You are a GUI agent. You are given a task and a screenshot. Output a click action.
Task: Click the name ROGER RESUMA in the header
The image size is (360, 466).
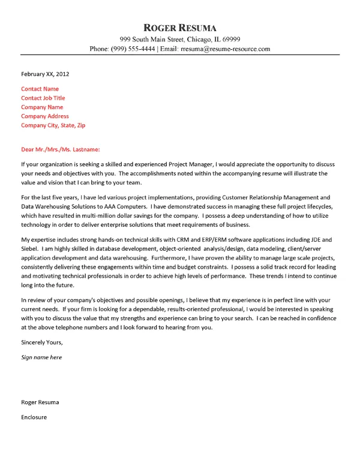(180, 28)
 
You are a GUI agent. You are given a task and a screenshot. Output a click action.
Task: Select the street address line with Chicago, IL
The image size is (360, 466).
(180, 38)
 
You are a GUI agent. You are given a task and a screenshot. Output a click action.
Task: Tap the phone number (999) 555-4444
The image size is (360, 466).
(131, 49)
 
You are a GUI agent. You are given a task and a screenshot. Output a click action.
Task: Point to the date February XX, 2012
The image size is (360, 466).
(45, 74)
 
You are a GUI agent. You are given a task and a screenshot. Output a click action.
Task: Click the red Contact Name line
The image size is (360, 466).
(40, 89)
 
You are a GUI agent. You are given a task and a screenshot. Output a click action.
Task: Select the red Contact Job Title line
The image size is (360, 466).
(43, 98)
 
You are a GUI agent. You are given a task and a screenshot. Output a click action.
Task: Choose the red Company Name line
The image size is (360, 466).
(42, 107)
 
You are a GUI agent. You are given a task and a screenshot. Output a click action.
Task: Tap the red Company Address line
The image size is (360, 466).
(45, 116)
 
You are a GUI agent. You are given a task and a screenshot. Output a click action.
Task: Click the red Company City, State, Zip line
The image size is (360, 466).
(53, 125)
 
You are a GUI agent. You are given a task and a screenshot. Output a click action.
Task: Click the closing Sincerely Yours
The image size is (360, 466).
(41, 342)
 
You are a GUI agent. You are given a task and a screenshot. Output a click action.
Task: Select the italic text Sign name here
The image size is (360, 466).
(41, 357)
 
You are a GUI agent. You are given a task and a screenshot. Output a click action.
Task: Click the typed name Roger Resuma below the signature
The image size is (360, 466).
(40, 402)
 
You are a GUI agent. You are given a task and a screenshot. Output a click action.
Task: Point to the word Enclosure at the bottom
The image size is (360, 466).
(34, 416)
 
